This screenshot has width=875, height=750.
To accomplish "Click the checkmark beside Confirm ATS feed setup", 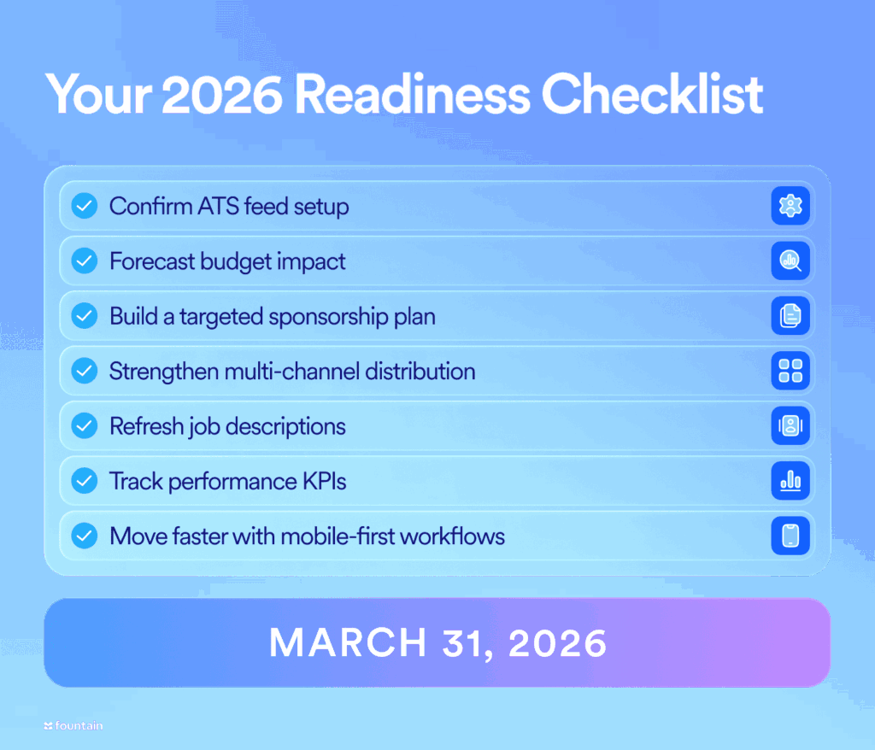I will [x=84, y=207].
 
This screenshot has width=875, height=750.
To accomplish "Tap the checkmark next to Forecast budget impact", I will [x=84, y=261].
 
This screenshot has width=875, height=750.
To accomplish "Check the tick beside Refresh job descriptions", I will [x=84, y=426].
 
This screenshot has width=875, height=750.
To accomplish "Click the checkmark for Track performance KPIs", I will [x=84, y=481].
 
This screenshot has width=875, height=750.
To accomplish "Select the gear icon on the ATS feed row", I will [x=790, y=207].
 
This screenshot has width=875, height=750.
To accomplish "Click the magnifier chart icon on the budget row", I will [x=790, y=261].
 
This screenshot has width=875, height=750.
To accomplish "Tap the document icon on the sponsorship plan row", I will [x=790, y=316].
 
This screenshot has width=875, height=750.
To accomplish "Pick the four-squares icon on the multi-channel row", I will [x=790, y=372].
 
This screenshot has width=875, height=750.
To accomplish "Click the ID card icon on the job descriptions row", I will [x=790, y=426].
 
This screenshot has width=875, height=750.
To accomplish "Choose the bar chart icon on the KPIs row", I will [x=790, y=481].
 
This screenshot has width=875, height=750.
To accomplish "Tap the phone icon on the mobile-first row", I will [x=790, y=536].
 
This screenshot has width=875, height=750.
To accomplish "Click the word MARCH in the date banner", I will [x=346, y=643].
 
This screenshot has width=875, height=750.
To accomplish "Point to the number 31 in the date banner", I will [x=467, y=643].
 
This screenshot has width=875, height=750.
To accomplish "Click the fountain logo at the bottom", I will [x=73, y=725].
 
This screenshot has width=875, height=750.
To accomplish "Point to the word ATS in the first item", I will [x=220, y=207].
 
